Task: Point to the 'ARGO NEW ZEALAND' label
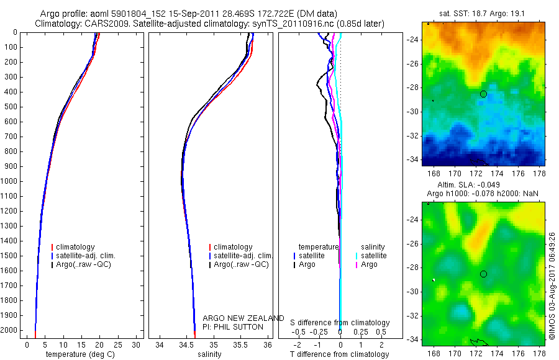(243, 318)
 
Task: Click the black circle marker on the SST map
(483, 94)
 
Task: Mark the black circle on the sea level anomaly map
(483, 274)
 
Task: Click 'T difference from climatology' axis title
(340, 354)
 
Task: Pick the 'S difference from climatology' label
(340, 323)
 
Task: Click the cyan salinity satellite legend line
(357, 255)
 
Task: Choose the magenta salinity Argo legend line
(357, 264)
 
